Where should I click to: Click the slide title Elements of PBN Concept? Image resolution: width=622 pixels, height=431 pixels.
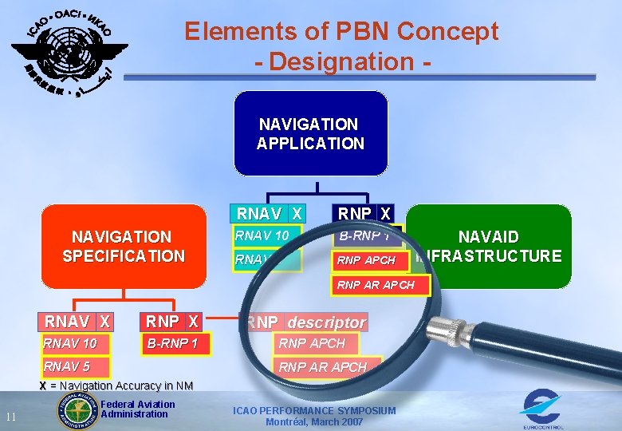341,32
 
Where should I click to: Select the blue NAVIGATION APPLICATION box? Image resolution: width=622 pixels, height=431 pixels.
310,133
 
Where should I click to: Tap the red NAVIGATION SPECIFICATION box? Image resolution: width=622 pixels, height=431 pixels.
124,246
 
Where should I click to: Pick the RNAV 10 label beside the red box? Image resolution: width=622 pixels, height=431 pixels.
262,235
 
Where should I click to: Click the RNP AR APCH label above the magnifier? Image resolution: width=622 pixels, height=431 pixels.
376,285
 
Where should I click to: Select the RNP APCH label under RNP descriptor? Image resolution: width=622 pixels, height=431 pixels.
312,343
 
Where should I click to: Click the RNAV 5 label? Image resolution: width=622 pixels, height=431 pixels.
67,367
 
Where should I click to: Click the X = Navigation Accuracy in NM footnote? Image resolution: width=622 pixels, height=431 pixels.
116,386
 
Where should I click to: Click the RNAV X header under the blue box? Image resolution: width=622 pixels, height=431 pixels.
269,214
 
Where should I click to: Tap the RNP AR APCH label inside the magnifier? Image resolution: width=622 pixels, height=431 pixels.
322,367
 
